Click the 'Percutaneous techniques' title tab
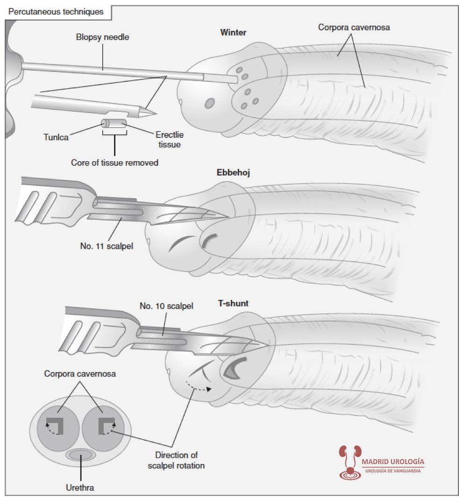(56, 12)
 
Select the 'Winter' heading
(233, 33)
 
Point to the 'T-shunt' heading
(233, 303)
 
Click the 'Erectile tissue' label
(169, 140)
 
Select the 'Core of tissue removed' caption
(114, 163)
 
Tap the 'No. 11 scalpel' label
(107, 245)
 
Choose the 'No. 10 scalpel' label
(166, 307)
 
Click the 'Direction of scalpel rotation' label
(176, 460)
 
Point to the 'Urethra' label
(80, 488)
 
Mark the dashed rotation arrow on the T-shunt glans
(199, 386)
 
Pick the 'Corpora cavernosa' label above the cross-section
(80, 374)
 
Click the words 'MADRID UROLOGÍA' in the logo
(393, 462)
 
